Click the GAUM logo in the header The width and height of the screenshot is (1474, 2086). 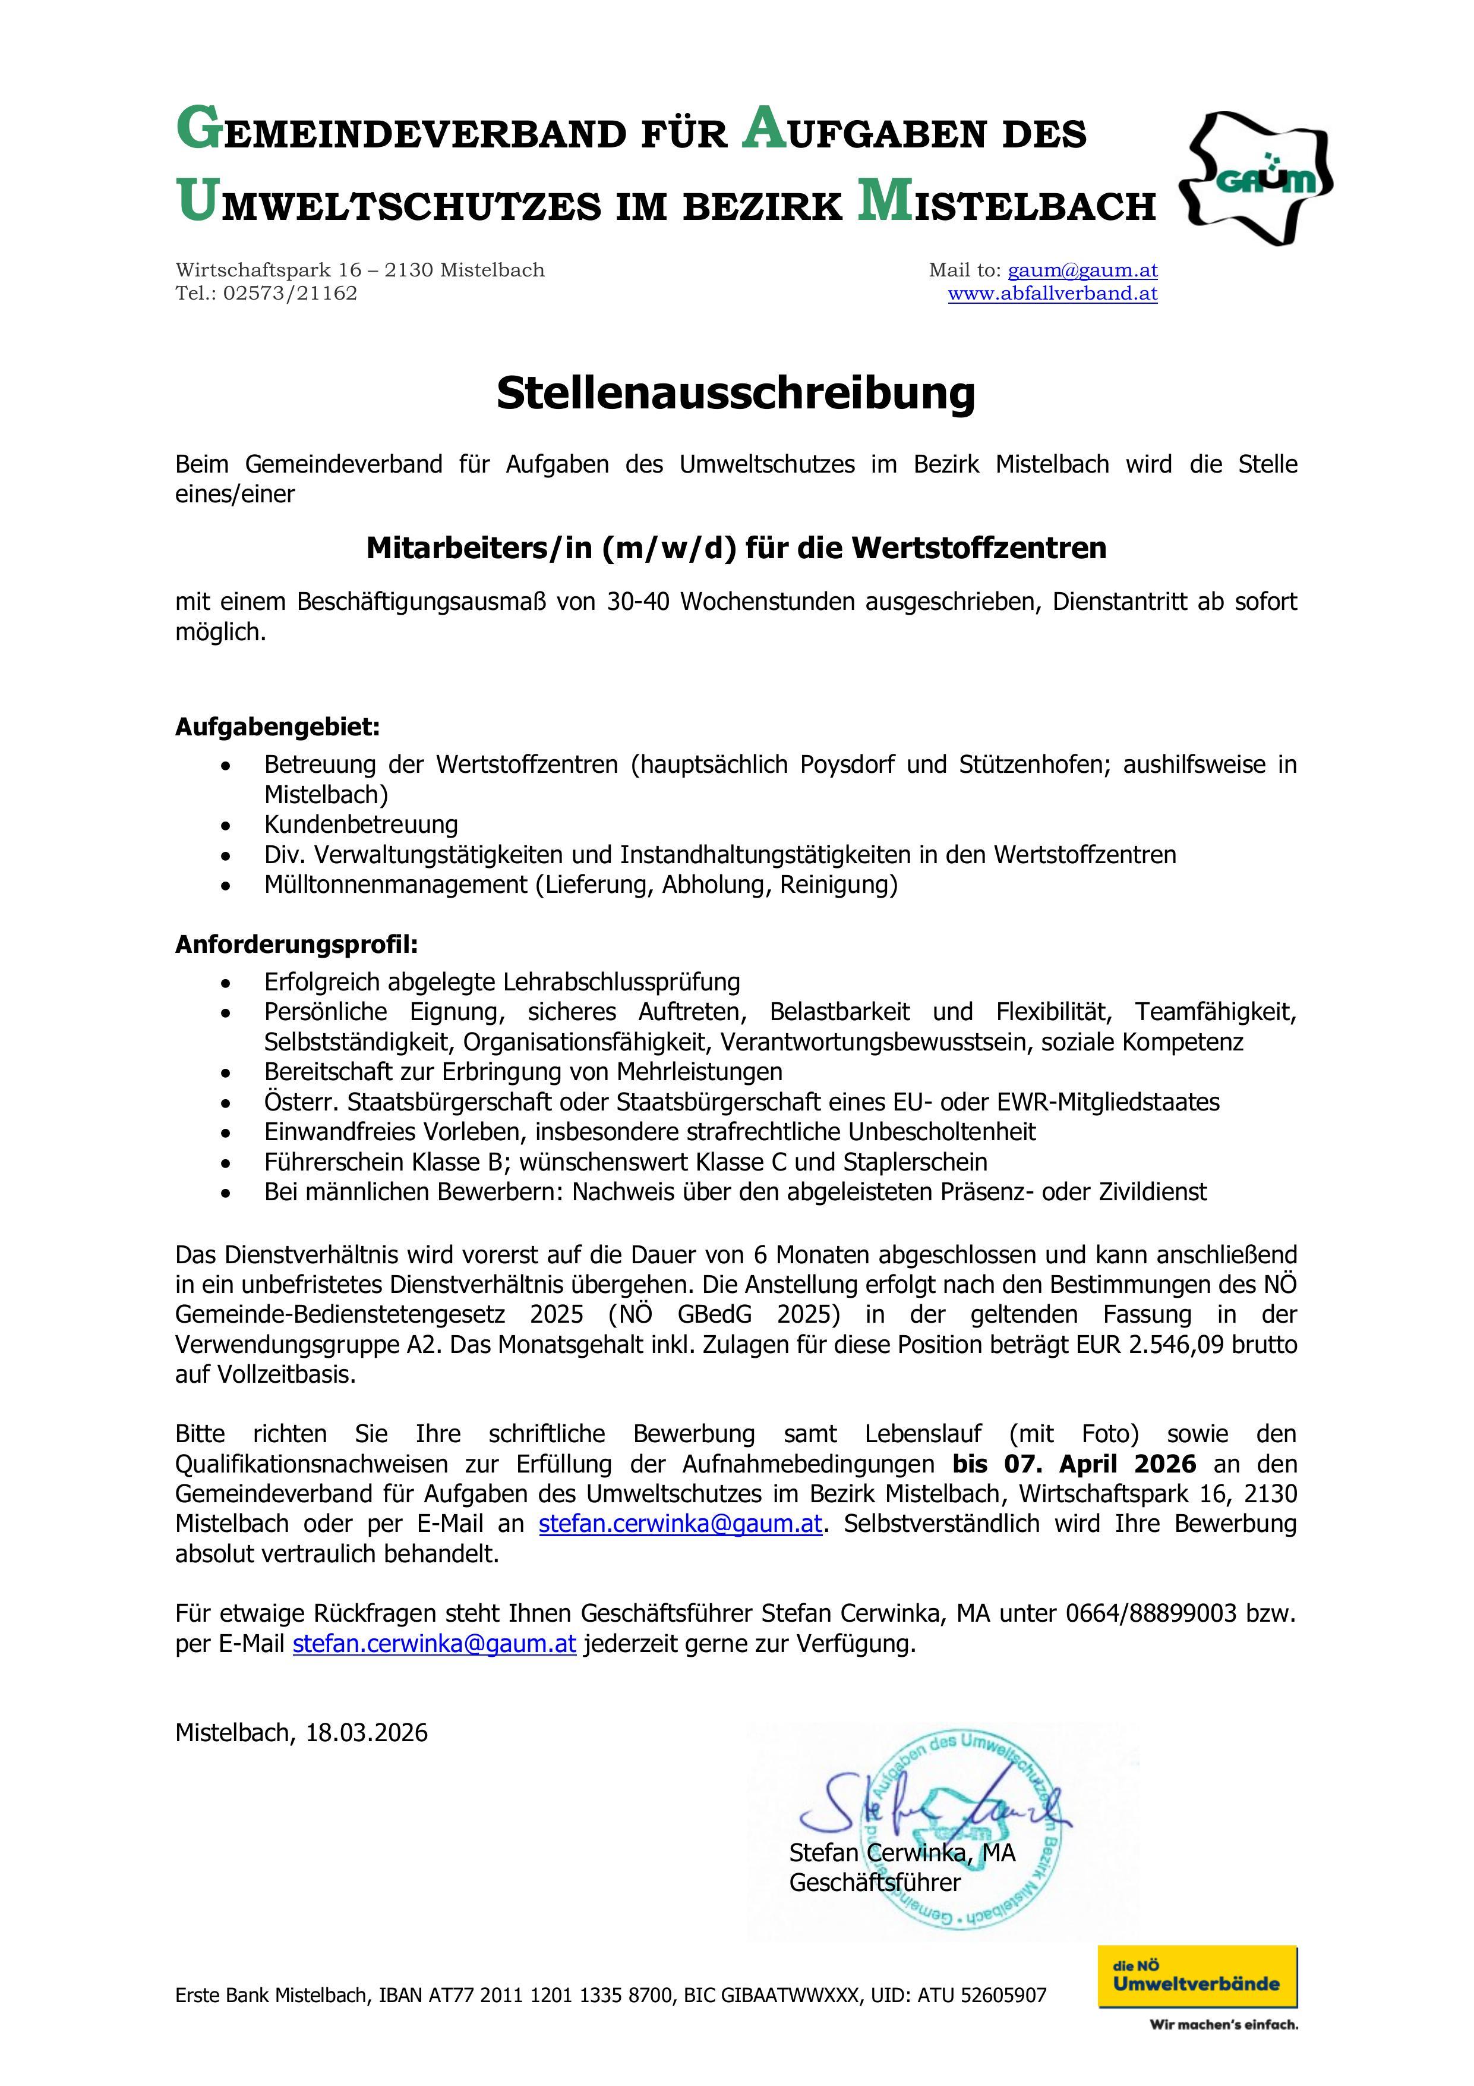click(1256, 179)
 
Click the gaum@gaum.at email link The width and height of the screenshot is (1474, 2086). click(1082, 270)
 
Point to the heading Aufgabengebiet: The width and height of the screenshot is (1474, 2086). click(277, 728)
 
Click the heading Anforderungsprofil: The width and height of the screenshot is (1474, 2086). click(296, 945)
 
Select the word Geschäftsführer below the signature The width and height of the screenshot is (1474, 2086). click(874, 1883)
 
